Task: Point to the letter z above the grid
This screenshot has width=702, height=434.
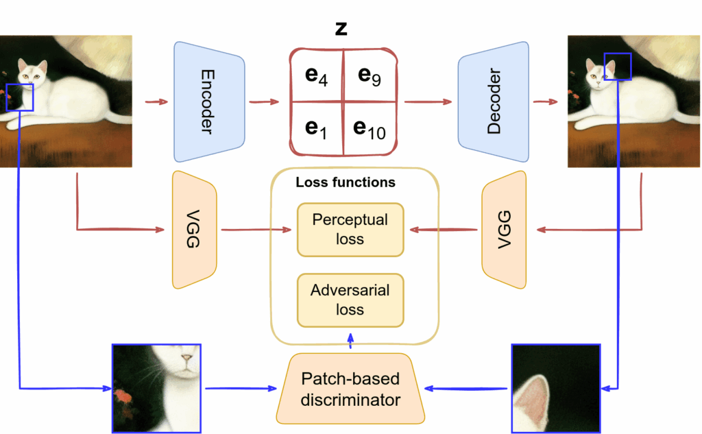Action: (x=341, y=28)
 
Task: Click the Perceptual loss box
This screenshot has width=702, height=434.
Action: (x=350, y=230)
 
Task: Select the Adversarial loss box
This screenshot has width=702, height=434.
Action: (x=350, y=300)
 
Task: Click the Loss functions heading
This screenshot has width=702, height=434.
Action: (x=345, y=183)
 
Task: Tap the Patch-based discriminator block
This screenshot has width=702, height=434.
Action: (x=350, y=389)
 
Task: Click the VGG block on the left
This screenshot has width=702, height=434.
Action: (x=194, y=230)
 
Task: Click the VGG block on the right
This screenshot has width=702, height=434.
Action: (x=505, y=230)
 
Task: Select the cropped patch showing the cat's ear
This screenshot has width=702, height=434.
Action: (x=555, y=389)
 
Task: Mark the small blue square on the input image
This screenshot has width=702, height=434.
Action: (x=19, y=97)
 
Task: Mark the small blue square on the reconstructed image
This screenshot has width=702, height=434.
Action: (x=617, y=67)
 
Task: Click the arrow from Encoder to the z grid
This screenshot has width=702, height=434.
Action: (x=264, y=102)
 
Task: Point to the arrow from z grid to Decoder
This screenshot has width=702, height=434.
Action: (x=428, y=102)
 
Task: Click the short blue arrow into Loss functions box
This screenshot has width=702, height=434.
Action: (x=351, y=340)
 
